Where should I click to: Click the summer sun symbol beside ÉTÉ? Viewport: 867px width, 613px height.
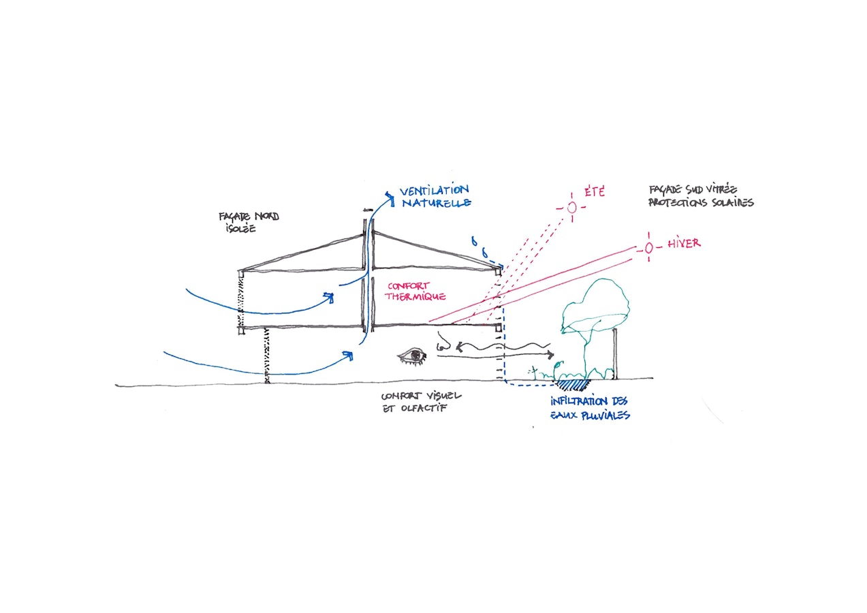572,207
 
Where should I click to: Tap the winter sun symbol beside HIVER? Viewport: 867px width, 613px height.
648,249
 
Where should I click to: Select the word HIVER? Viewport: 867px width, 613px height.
684,243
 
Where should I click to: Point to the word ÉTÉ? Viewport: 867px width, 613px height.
594,193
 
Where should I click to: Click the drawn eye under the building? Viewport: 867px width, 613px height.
412,355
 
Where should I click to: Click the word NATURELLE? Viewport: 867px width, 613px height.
437,203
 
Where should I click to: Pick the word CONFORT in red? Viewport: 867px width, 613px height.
407,286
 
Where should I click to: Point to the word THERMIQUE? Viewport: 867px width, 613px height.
415,297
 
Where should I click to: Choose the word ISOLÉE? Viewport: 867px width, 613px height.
237,229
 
